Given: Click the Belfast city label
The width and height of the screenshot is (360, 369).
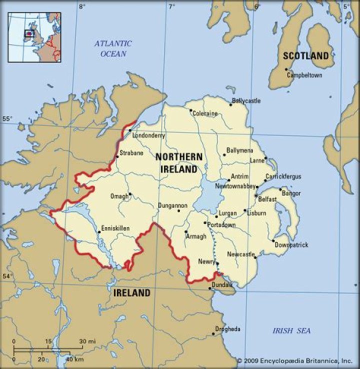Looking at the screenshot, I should (267, 199).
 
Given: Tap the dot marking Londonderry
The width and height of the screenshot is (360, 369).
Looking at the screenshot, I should (130, 130).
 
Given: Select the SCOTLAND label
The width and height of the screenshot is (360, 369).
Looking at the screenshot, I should (306, 56).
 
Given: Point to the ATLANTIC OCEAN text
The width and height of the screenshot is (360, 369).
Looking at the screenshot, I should (113, 48).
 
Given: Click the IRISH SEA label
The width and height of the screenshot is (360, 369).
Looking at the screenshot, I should (291, 330).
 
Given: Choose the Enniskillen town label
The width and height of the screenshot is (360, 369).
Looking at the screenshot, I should (115, 228).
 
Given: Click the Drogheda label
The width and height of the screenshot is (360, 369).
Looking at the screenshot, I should (227, 329).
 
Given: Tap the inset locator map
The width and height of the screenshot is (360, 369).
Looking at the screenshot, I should (34, 37).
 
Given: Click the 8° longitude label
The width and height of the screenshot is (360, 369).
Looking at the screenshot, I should (82, 6).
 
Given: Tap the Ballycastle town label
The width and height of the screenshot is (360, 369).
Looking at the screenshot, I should (246, 101).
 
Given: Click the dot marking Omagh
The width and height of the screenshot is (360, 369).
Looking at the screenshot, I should (129, 194).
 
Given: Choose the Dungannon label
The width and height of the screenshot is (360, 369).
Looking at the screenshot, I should (172, 205).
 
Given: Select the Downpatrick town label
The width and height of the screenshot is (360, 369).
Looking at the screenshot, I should (291, 245).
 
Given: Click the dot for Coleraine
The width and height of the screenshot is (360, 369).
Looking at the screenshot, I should (190, 110).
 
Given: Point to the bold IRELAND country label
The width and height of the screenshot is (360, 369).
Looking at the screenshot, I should (131, 292).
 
